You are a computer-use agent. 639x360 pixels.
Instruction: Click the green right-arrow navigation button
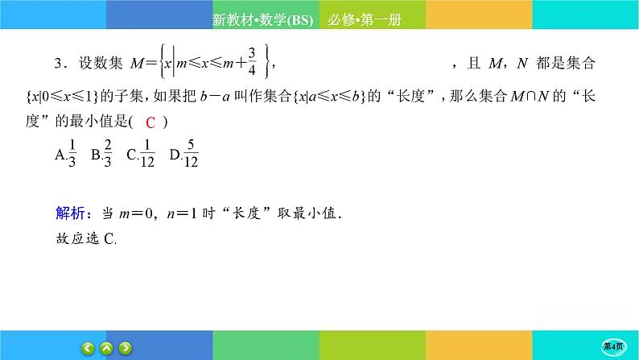[126, 349]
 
